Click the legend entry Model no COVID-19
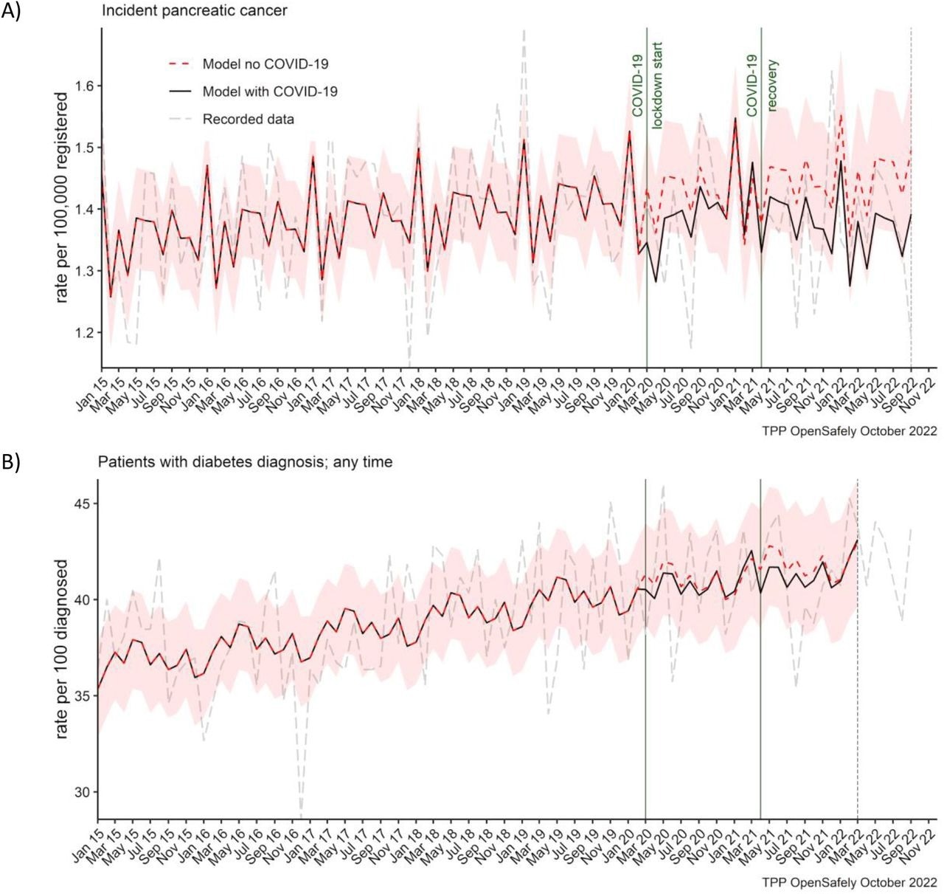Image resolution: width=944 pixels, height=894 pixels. (x=265, y=64)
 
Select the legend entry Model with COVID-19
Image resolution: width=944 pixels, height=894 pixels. (x=270, y=92)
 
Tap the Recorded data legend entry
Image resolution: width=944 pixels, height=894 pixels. (x=248, y=119)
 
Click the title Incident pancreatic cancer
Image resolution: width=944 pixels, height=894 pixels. (x=195, y=11)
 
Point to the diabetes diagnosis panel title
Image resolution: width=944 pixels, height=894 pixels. (x=246, y=462)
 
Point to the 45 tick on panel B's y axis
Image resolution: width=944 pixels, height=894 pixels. (x=85, y=503)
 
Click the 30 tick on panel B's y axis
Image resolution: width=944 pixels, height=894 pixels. (x=85, y=792)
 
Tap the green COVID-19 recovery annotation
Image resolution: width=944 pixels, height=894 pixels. (x=761, y=86)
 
